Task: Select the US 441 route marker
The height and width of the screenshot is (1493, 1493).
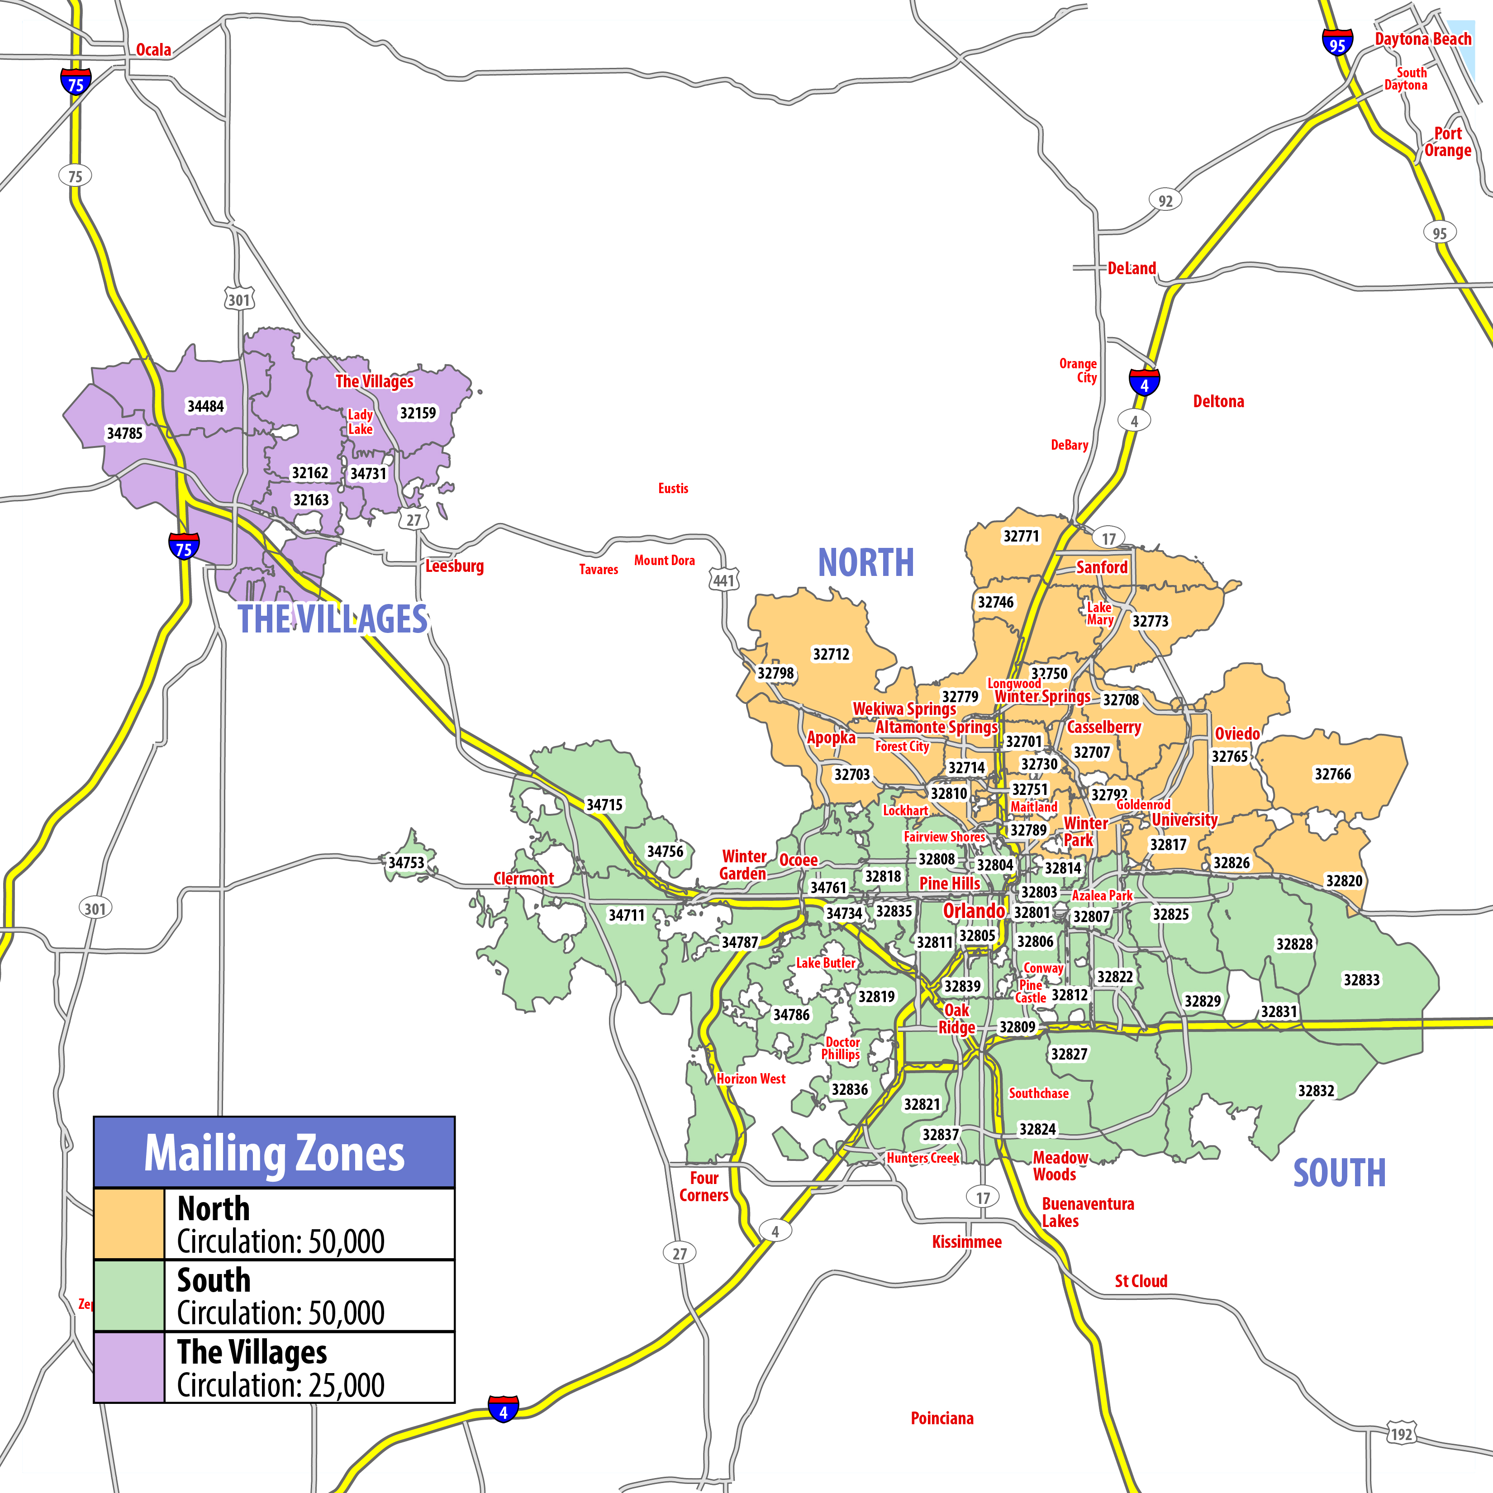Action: pyautogui.click(x=723, y=580)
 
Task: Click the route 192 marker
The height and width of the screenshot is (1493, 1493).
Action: pyautogui.click(x=1401, y=1434)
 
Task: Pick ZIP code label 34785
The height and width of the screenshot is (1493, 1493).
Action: pyautogui.click(x=124, y=433)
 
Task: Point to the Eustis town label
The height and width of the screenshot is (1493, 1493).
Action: pyautogui.click(x=673, y=489)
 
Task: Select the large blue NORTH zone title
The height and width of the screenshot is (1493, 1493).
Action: pyautogui.click(x=865, y=562)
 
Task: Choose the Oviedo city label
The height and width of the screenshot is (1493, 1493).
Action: pyautogui.click(x=1237, y=733)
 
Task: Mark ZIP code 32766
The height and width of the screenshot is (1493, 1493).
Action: pyautogui.click(x=1333, y=774)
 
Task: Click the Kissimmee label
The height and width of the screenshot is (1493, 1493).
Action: pyautogui.click(x=967, y=1242)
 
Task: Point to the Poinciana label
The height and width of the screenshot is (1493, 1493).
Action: pyautogui.click(x=942, y=1418)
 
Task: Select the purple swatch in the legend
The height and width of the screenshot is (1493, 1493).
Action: pyautogui.click(x=129, y=1367)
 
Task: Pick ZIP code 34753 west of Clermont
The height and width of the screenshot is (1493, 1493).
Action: pyautogui.click(x=406, y=862)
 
